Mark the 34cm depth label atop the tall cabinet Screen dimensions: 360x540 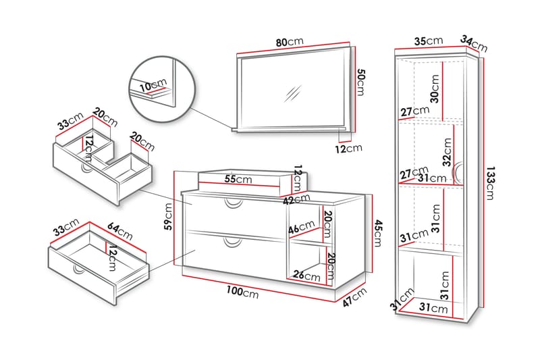(x=474, y=43)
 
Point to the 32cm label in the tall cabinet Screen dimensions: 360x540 (x=446, y=152)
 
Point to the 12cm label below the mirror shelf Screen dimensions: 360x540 (x=350, y=149)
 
